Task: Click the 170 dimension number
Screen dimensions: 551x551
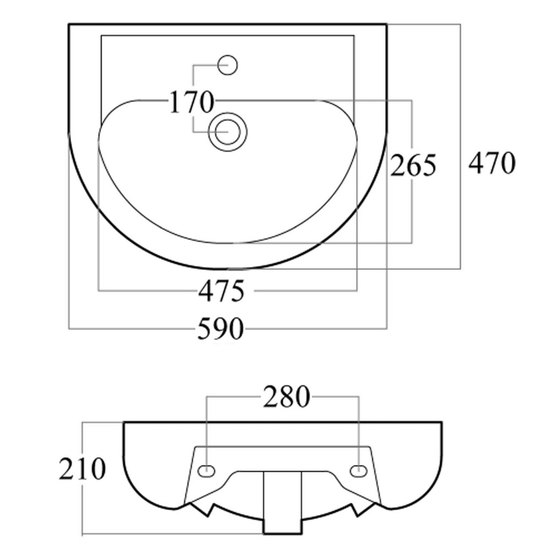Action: coord(192,102)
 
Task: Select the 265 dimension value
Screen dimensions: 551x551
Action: coord(413,165)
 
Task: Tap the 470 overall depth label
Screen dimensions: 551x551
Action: coord(492,163)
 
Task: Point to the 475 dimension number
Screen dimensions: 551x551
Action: coord(221,291)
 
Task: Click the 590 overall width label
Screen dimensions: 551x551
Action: coord(220,328)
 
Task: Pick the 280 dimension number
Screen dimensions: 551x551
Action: coord(287,397)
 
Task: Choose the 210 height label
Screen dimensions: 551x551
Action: coord(82,469)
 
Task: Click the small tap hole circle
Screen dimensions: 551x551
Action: coord(228,65)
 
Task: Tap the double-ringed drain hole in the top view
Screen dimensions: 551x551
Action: coord(228,132)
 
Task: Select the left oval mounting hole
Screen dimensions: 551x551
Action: coord(206,470)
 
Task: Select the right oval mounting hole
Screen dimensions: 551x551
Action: coord(359,470)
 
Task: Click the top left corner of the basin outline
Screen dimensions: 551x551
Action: coord(69,25)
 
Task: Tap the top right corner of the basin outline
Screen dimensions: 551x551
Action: coord(387,25)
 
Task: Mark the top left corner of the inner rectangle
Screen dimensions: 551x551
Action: coord(101,35)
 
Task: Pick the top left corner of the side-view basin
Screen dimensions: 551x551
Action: coord(124,422)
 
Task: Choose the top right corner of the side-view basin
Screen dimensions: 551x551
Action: coord(442,422)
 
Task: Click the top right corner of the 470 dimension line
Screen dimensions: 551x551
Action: coord(460,24)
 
